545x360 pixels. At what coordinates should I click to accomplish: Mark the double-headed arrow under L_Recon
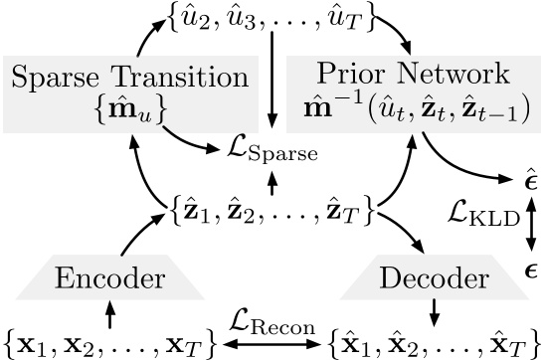coord(272,343)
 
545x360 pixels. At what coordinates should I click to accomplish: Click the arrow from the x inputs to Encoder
coord(109,312)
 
